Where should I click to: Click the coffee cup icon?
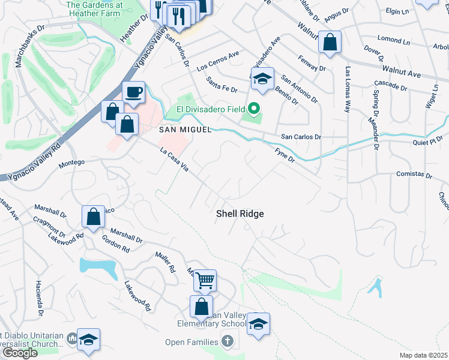tap(133, 92)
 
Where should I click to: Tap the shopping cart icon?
tap(205, 280)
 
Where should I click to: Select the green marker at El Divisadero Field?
tap(254, 109)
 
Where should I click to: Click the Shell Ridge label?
tap(240, 214)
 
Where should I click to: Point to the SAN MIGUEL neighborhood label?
tap(185, 130)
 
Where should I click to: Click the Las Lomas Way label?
tap(347, 89)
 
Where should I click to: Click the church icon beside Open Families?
tap(227, 342)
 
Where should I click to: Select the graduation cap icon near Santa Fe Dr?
tap(262, 79)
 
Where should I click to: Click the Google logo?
tap(19, 353)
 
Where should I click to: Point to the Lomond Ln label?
tap(394, 40)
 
